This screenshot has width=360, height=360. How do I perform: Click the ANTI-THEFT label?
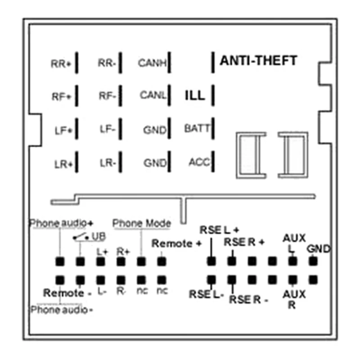pyautogui.click(x=258, y=60)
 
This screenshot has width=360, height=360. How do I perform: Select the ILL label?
pyautogui.click(x=194, y=95)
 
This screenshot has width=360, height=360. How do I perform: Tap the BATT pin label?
pyautogui.click(x=197, y=128)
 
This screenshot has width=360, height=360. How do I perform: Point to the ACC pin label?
pyautogui.click(x=199, y=162)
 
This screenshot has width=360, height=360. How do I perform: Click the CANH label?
pyautogui.click(x=153, y=63)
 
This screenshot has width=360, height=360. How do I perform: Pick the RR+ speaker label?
pyautogui.click(x=61, y=64)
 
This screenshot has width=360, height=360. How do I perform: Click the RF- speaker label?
pyautogui.click(x=107, y=95)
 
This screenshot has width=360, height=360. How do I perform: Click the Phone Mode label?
pyautogui.click(x=141, y=223)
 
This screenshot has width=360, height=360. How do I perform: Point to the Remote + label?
pyautogui.click(x=176, y=244)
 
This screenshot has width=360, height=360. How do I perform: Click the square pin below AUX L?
pyautogui.click(x=292, y=261)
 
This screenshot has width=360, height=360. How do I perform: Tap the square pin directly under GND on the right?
pyautogui.click(x=313, y=261)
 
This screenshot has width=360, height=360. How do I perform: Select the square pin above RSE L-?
pyautogui.click(x=211, y=279)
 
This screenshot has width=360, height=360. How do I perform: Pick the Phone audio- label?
pyautogui.click(x=62, y=310)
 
